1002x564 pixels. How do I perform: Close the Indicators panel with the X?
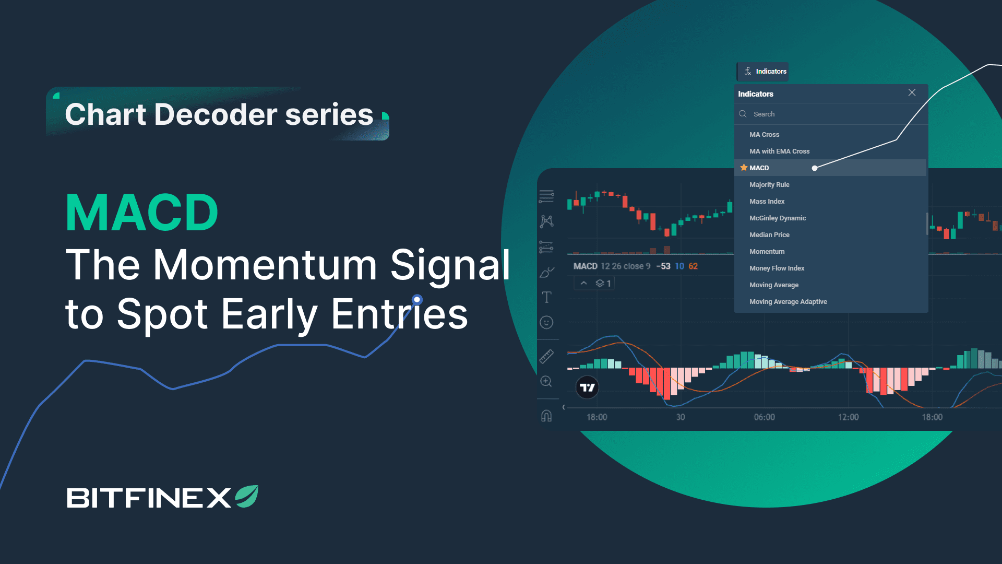912,92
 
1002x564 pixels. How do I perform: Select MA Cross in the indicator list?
764,135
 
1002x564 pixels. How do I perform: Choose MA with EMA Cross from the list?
779,151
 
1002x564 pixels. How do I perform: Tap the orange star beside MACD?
744,168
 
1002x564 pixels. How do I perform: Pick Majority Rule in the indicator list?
769,185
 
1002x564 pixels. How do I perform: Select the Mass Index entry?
767,202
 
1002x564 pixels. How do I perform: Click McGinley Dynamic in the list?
778,218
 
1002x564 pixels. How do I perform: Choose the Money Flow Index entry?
777,268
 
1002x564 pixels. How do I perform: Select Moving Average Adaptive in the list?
788,302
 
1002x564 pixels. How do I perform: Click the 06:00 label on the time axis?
764,417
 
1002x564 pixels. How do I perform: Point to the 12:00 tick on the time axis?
848,417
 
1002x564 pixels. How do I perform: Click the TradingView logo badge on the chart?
587,387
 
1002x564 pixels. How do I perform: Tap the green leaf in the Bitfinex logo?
247,496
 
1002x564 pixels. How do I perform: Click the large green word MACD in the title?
141,213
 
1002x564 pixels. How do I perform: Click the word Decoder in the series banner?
216,114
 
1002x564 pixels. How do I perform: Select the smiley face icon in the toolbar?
546,322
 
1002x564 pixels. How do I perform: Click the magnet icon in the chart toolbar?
546,416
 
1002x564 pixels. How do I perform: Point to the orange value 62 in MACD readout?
693,266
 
